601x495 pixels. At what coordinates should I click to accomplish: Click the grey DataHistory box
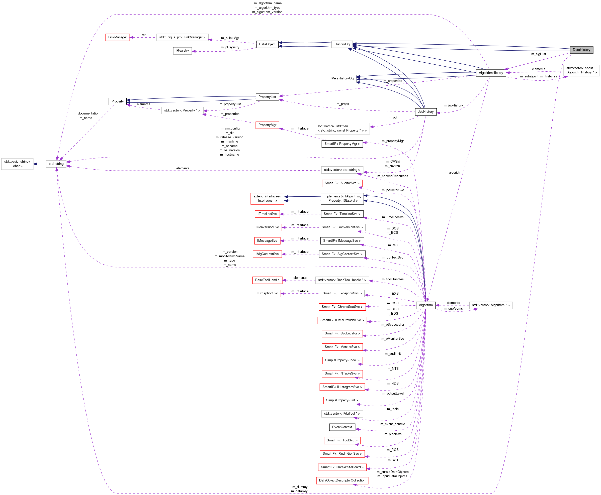point(581,50)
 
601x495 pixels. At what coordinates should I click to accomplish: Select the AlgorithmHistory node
point(491,73)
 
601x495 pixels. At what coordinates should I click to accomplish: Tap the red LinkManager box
point(117,37)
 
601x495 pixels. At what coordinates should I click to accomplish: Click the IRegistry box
point(182,51)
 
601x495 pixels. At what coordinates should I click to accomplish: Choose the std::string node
point(56,164)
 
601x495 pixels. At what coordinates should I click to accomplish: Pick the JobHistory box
point(425,112)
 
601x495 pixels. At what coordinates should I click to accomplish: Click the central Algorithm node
point(425,305)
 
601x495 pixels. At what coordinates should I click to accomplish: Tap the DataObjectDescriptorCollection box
point(342,480)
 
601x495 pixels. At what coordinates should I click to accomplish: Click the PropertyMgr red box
point(267,125)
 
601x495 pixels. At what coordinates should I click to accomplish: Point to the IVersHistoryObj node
point(342,78)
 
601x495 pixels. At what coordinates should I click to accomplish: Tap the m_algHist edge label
point(538,54)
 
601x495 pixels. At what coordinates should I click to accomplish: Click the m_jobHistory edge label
point(453,105)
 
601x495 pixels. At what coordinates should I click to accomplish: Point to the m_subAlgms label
point(453,309)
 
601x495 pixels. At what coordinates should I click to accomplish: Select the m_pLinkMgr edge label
point(230,38)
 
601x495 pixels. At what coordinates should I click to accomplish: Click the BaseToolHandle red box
point(267,280)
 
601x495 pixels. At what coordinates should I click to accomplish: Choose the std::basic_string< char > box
point(17,164)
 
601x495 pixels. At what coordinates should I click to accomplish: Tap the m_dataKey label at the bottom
point(299,491)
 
